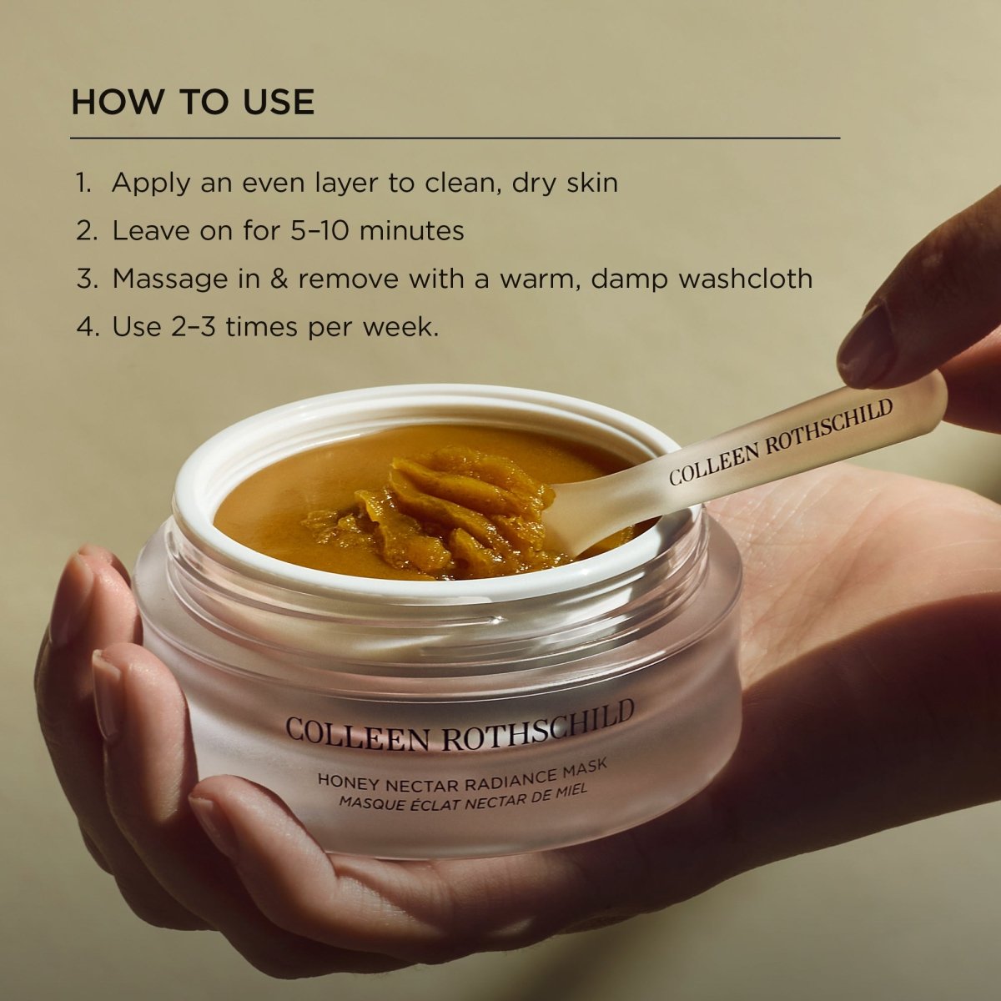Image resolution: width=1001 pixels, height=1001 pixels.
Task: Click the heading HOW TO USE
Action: point(193,102)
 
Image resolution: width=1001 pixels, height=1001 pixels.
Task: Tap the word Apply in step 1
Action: point(151,184)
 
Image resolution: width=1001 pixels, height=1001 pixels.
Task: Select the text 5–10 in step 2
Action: point(319,230)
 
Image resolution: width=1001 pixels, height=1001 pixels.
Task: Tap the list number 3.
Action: point(87,279)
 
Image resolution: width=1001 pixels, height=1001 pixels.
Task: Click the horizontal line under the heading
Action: point(455,138)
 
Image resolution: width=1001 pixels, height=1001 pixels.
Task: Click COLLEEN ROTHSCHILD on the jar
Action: point(460,725)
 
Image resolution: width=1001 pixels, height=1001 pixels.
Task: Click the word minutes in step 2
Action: point(411,230)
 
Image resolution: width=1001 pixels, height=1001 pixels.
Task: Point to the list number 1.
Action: point(83,183)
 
